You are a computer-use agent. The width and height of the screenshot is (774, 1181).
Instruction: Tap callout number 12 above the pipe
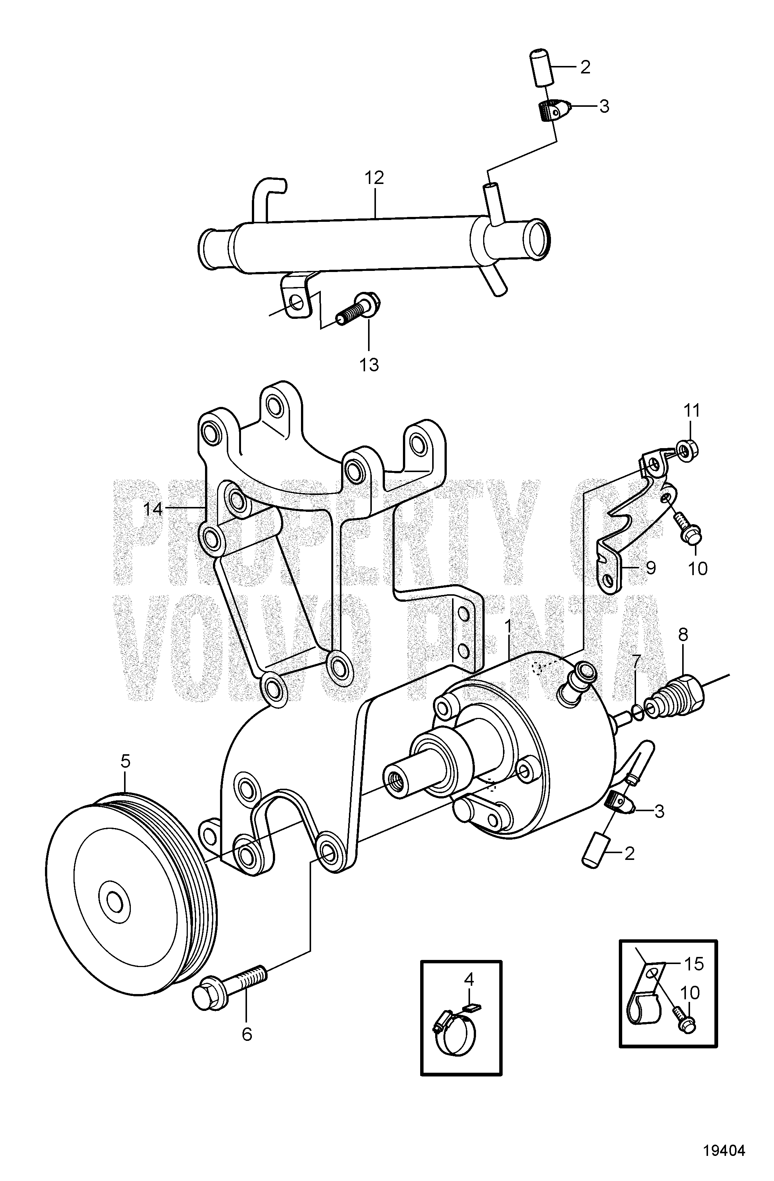pos(374,178)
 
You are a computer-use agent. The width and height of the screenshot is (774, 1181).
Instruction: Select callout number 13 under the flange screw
pos(369,365)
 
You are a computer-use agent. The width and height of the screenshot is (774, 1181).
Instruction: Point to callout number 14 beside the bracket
pos(153,509)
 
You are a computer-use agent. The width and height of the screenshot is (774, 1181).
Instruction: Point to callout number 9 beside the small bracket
pos(650,568)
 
